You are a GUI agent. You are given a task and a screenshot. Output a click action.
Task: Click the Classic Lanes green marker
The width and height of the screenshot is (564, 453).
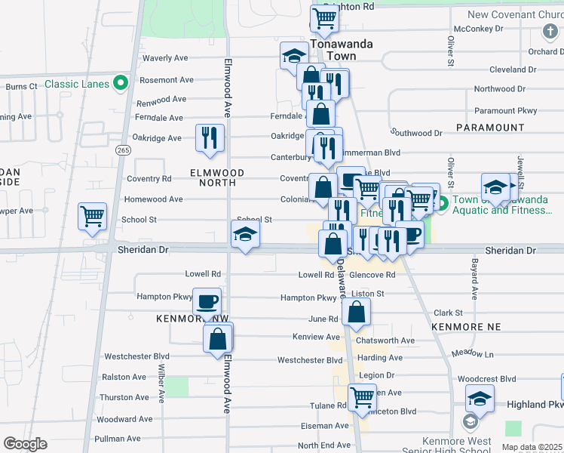(x=119, y=83)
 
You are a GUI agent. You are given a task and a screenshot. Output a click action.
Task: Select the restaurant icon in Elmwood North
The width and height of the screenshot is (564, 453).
(x=210, y=137)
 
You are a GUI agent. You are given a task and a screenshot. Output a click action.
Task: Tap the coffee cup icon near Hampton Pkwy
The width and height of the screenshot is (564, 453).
(x=207, y=301)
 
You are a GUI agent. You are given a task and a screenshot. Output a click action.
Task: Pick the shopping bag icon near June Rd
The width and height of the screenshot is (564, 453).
(x=357, y=311)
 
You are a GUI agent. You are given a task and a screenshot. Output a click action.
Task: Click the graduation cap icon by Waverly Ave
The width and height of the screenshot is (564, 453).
(x=294, y=55)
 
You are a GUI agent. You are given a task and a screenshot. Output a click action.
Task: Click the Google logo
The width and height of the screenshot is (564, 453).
(x=25, y=444)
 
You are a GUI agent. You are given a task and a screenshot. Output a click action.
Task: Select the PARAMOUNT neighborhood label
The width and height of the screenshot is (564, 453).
(x=489, y=128)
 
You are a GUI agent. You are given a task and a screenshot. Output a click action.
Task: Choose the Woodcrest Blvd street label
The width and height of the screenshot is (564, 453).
(x=486, y=379)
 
